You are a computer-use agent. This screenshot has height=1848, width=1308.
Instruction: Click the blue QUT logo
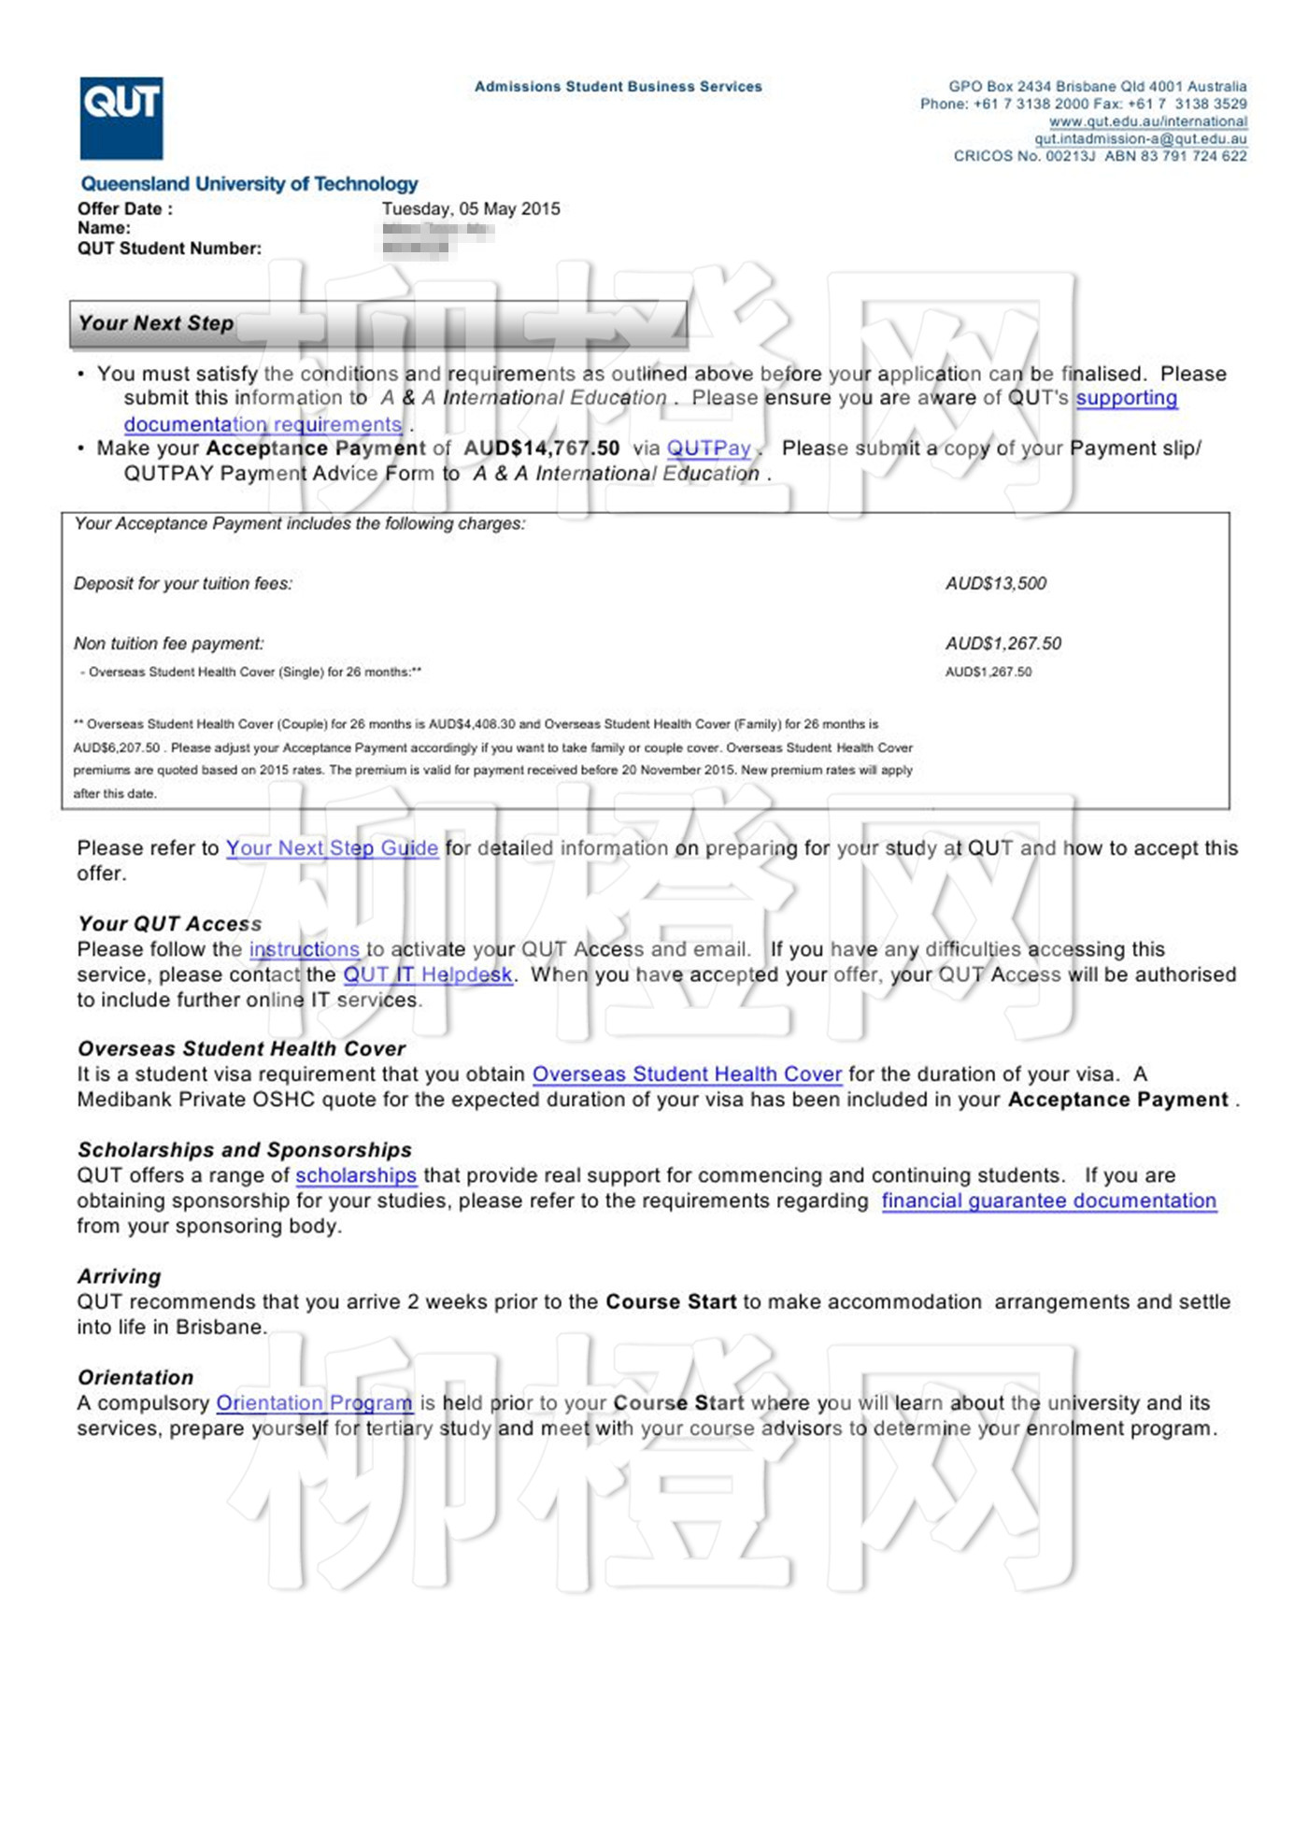coord(121,118)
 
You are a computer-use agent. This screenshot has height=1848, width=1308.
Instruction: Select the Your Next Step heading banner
coord(378,324)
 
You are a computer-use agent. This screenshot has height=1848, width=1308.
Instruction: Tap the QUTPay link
coord(708,448)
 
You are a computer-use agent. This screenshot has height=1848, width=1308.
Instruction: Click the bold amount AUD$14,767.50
coord(542,448)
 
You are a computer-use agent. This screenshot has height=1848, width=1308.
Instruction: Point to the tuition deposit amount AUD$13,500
coord(996,584)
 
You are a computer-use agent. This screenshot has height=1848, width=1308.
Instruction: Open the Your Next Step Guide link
coord(332,848)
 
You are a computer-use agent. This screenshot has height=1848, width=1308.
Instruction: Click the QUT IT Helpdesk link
coord(428,974)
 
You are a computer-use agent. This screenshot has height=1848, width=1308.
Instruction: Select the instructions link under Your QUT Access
coord(304,949)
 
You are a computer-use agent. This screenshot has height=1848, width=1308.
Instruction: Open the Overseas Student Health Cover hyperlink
coord(687,1074)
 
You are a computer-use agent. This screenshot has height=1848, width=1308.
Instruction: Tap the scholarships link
coord(356,1175)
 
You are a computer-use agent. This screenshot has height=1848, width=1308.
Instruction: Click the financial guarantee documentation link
coord(1048,1201)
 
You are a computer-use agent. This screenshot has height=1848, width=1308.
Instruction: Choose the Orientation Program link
coord(314,1403)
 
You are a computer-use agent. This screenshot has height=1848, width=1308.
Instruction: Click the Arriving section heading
coord(120,1276)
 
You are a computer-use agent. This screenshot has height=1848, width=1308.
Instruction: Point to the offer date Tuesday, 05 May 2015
coord(471,209)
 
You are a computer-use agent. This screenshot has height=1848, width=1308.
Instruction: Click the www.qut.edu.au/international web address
coord(1147,121)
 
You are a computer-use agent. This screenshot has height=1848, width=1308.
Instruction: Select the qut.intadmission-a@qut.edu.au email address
coord(1140,139)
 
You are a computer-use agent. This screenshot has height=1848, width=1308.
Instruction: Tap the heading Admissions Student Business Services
coord(618,87)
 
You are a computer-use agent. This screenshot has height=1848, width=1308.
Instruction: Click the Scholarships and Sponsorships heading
coord(245,1150)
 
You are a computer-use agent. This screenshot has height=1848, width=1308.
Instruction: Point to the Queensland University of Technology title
coord(249,184)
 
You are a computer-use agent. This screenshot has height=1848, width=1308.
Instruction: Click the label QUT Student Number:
coord(169,249)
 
